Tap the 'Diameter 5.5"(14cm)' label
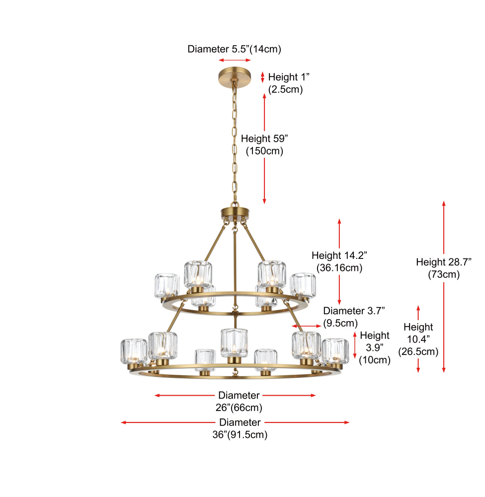[x=234, y=49]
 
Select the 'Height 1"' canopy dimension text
[x=289, y=77]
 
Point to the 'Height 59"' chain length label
[x=264, y=139]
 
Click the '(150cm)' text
[x=264, y=151]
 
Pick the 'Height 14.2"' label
[x=339, y=255]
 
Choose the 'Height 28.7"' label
[x=443, y=262]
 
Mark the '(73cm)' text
[x=443, y=274]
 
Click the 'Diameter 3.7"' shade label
[x=354, y=311]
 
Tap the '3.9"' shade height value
[x=375, y=348]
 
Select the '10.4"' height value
[x=418, y=339]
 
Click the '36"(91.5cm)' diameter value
[x=240, y=435]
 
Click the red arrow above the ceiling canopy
[x=235, y=60]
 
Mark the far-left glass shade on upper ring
[x=166, y=285]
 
